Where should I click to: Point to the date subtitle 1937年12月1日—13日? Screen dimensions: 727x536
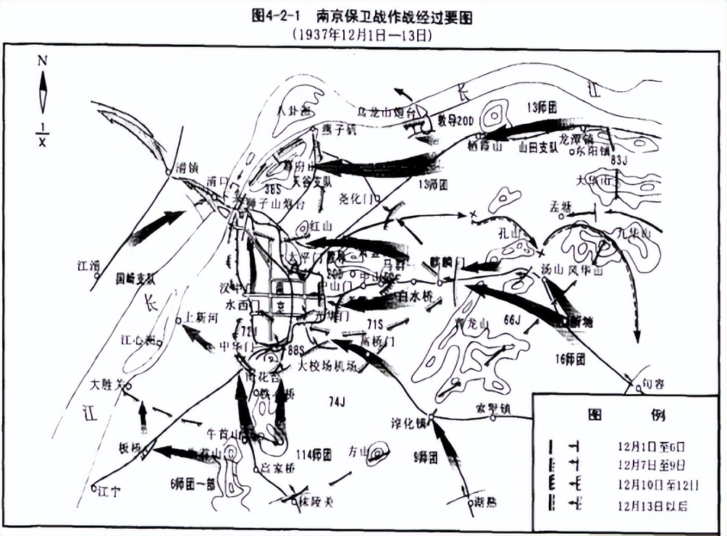pyautogui.click(x=366, y=34)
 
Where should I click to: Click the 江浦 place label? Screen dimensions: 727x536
pyautogui.click(x=88, y=266)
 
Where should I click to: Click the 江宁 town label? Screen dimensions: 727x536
pyautogui.click(x=110, y=492)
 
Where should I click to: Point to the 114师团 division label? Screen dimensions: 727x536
pyautogui.click(x=313, y=455)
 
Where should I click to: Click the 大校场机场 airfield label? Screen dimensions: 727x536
pyautogui.click(x=327, y=367)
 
